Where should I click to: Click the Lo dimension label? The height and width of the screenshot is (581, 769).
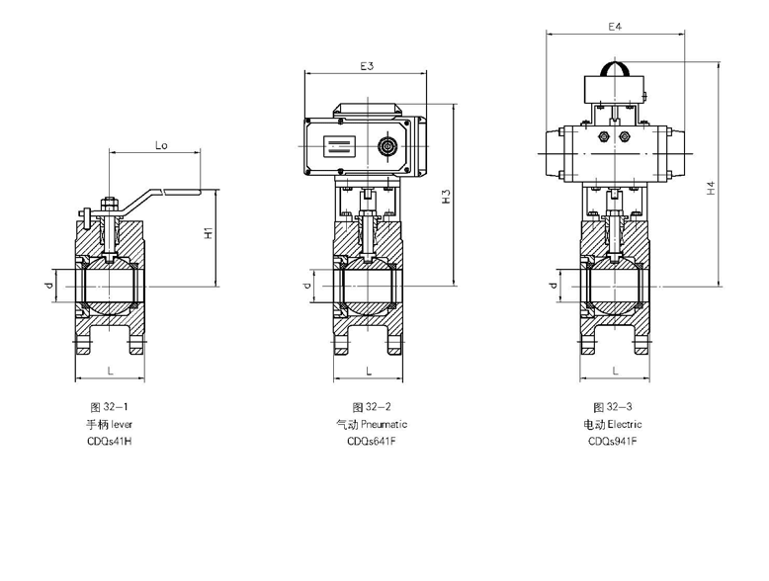pos(160,144)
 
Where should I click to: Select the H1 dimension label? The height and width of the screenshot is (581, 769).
pos(209,234)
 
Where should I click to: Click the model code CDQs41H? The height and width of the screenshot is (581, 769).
pos(109,442)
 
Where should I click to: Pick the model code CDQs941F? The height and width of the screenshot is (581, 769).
pos(613,442)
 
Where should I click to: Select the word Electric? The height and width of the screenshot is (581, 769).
pos(625,424)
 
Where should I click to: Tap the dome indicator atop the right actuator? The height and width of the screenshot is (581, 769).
pos(615,72)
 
